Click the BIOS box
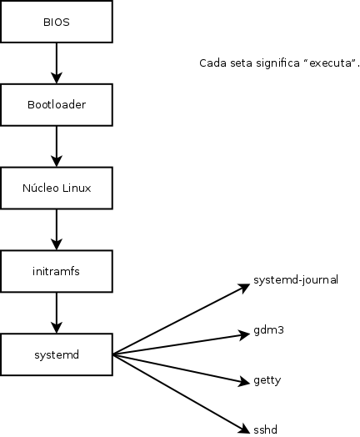coord(57,22)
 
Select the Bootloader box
coord(57,105)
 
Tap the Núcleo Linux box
coord(57,188)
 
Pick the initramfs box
coord(57,272)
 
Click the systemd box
coord(57,355)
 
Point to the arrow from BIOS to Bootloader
coord(57,63)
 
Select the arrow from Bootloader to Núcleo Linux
coord(57,147)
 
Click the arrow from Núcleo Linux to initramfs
coord(57,230)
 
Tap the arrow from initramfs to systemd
coord(57,314)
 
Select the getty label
coord(267,380)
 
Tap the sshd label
coord(265,429)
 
